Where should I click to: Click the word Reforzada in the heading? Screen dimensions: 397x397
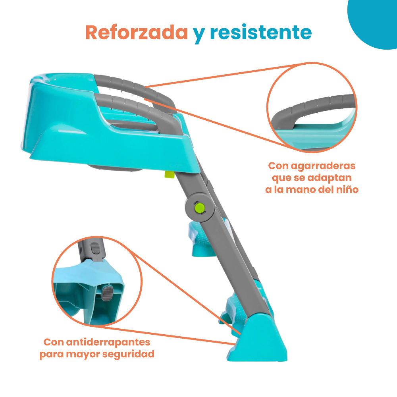tap(137, 33)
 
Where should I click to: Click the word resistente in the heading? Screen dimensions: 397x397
tap(261, 33)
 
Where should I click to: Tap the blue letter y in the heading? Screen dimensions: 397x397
tap(199, 35)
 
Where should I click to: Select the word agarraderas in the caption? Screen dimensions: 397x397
tap(323, 166)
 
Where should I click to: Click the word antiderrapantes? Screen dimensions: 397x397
tap(108, 342)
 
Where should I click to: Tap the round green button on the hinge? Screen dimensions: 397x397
tap(200, 208)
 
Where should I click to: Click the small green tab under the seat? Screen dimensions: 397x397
tap(169, 174)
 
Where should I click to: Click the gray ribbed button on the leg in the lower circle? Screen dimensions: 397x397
tap(95, 248)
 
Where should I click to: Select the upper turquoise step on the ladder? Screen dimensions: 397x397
tap(200, 238)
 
